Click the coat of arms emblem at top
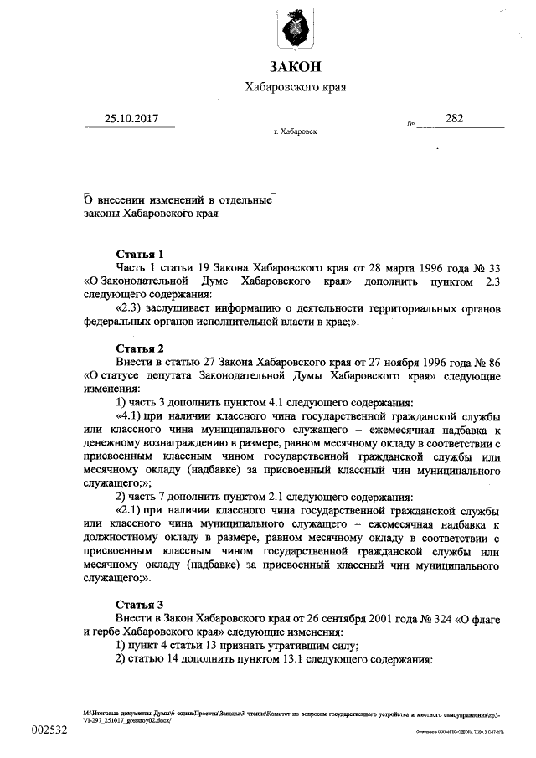point(296,28)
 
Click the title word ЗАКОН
point(295,67)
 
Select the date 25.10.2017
point(131,119)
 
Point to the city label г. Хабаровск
point(296,132)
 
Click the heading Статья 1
point(139,254)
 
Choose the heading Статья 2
point(139,347)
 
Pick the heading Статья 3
point(139,603)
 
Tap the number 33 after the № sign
point(494,267)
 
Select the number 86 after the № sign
point(494,361)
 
